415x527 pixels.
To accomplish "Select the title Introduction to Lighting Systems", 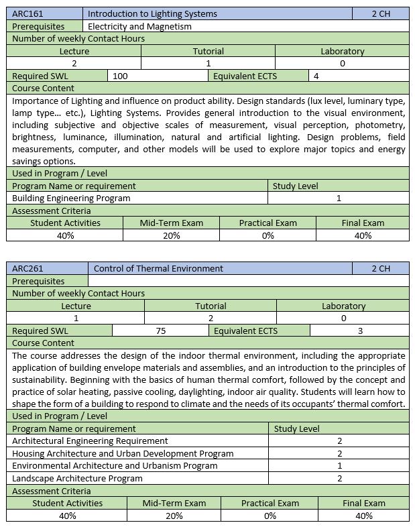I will [x=152, y=13].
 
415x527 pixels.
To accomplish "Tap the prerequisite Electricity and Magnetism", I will [x=139, y=26].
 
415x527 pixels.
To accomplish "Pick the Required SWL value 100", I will [x=121, y=76].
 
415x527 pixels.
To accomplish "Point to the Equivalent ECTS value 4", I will [x=316, y=76].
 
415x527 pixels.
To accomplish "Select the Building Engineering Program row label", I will [x=72, y=198].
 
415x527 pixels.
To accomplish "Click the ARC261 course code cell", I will [x=26, y=268].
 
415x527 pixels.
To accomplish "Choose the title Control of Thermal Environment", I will [x=158, y=268].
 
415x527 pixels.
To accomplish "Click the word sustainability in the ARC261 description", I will [x=42, y=379].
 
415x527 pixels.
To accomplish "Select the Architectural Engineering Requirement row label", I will [x=91, y=441].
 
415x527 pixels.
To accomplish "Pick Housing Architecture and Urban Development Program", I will [x=123, y=453].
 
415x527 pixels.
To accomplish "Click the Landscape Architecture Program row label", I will [x=78, y=478].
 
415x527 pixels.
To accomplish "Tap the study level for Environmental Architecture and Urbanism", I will [x=339, y=465].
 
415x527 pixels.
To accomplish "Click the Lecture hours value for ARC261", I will [x=76, y=318].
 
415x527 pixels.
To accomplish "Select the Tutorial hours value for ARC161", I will [x=209, y=63].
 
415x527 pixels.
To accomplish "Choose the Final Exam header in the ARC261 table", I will [x=364, y=503].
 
